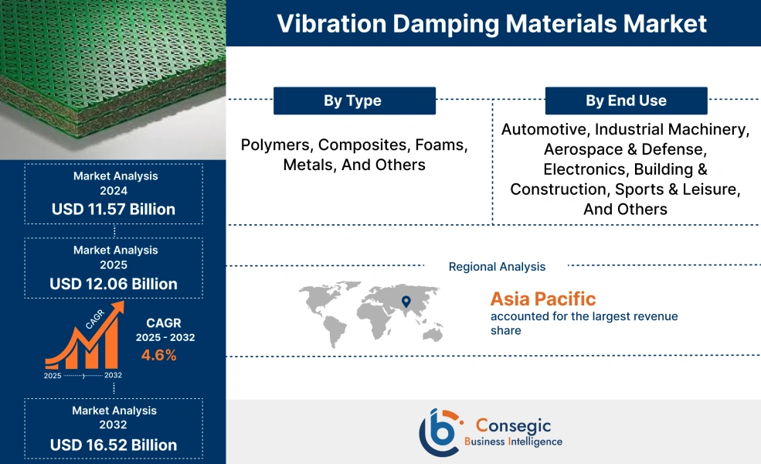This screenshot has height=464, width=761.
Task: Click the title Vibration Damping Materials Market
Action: pos(491,23)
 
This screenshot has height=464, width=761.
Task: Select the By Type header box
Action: pos(354,101)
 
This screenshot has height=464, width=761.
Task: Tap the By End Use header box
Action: pos(626,101)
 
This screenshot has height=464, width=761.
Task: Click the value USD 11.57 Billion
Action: pos(114,209)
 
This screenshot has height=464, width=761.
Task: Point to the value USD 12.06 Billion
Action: pos(114,284)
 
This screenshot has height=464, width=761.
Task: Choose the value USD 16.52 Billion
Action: pos(114,445)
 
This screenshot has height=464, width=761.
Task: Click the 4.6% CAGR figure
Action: pos(158,355)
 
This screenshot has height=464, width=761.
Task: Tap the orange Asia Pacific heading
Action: pos(542,299)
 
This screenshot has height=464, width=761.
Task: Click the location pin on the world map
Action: pos(404,301)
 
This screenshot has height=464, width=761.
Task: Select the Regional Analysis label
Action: pos(497,267)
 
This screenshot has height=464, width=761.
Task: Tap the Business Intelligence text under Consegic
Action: pos(513,442)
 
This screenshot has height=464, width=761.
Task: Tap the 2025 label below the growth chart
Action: pos(53,375)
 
